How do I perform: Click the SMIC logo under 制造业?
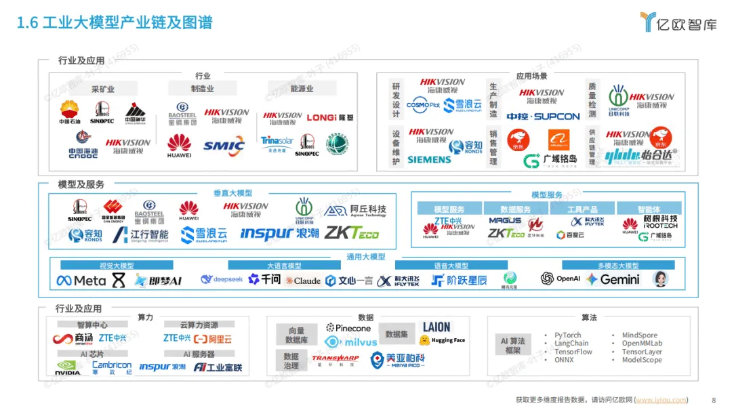tap(224, 144)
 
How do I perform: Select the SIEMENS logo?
tap(429, 159)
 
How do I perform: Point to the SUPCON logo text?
tap(556, 117)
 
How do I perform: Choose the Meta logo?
tap(81, 280)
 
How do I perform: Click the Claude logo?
tap(303, 281)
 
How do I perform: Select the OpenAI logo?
tap(561, 279)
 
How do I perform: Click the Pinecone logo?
tap(348, 329)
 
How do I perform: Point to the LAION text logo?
tap(436, 327)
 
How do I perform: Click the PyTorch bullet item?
tap(567, 335)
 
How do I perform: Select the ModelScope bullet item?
tap(642, 360)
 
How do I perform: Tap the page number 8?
tap(714, 400)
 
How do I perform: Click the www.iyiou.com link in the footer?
tap(661, 400)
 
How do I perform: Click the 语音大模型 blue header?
tap(441, 266)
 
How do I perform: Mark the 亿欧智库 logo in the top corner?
tap(679, 22)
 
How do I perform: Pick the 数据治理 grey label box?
tap(291, 360)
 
